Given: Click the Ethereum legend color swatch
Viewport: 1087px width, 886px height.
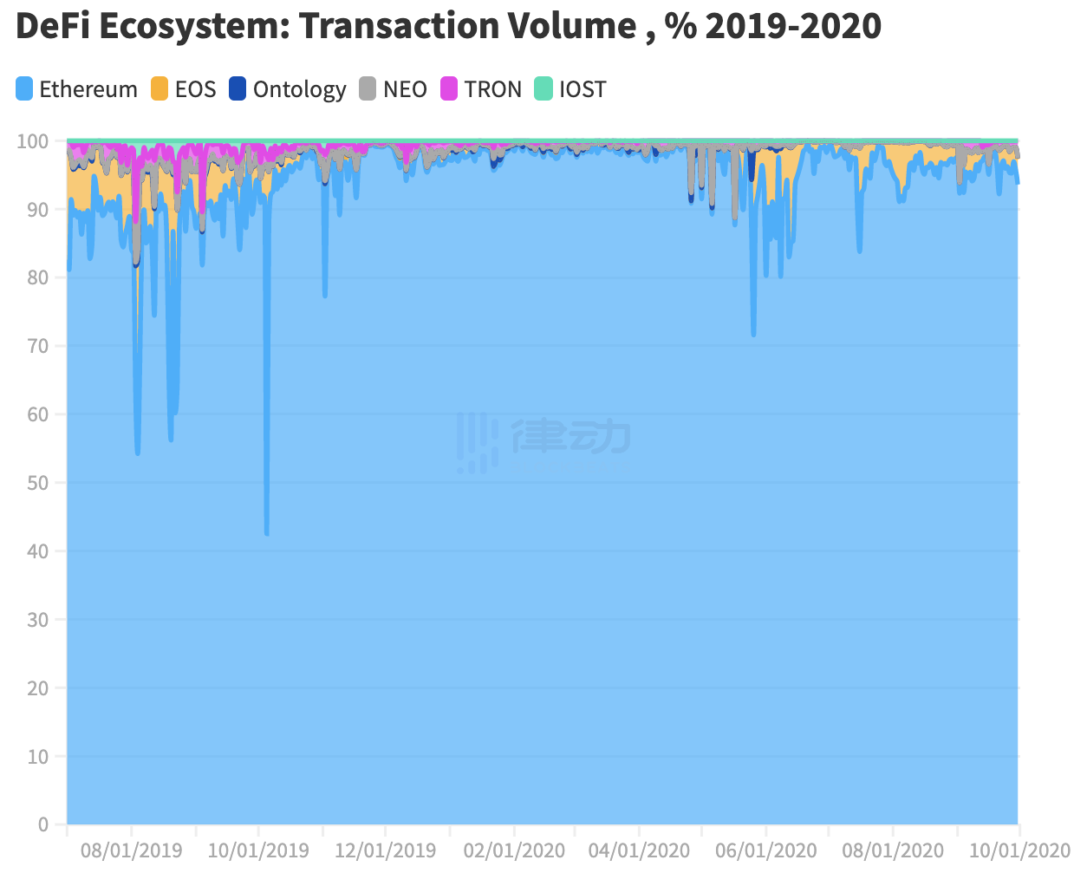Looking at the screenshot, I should point(24,89).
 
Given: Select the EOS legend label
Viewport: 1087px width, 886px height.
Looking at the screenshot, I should point(195,89).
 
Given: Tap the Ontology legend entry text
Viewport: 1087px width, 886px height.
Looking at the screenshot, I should point(299,89).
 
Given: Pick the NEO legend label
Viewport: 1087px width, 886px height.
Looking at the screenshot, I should point(405,89).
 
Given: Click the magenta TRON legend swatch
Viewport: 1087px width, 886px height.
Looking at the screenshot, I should point(449,89).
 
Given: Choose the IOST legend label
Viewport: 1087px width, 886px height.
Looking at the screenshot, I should point(582,89).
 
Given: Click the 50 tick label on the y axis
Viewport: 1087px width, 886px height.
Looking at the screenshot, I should point(36,483).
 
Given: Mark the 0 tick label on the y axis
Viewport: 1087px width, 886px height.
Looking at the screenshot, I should point(43,824).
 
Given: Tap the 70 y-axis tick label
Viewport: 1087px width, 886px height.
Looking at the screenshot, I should point(36,346).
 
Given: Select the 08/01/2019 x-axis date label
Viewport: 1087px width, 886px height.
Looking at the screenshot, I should point(132,850).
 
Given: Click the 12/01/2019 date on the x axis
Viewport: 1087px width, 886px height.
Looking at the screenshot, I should point(386,850).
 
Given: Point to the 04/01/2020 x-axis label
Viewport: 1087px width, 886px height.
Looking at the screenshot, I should point(640,850).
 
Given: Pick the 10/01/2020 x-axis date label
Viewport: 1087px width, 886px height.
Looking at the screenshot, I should point(1019,850).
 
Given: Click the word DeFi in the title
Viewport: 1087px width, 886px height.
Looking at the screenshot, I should point(52,27).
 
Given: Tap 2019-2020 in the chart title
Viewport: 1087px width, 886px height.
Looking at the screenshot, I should point(793,27).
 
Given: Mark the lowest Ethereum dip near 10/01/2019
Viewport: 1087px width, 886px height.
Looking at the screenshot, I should point(266,533).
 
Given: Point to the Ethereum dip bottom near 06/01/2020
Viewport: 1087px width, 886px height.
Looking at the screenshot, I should point(753,334).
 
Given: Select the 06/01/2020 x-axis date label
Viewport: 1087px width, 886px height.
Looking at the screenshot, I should point(766,850).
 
